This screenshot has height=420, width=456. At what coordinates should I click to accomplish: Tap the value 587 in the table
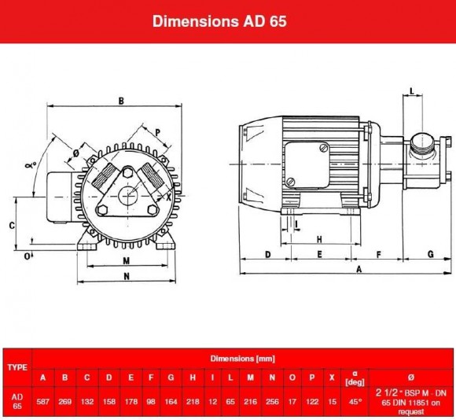pyautogui.click(x=45, y=400)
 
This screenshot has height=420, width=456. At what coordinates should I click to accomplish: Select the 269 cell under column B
pyautogui.click(x=66, y=400)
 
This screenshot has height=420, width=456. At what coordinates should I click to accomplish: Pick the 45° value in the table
pyautogui.click(x=355, y=400)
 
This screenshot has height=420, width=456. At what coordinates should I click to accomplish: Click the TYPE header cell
pyautogui.click(x=17, y=367)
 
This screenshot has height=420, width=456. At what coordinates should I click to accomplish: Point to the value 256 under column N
pyautogui.click(x=271, y=400)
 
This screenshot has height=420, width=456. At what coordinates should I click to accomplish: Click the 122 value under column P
pyautogui.click(x=312, y=400)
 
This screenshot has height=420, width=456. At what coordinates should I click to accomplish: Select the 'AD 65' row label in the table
pyautogui.click(x=17, y=400)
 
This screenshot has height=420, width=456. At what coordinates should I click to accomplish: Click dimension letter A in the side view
pyautogui.click(x=359, y=270)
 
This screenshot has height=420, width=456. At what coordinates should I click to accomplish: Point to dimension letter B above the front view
pyautogui.click(x=122, y=100)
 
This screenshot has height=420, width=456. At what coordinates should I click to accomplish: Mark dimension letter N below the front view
pyautogui.click(x=127, y=276)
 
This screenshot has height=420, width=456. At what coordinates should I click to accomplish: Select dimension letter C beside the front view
pyautogui.click(x=12, y=225)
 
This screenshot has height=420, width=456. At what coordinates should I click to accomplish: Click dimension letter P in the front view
pyautogui.click(x=157, y=132)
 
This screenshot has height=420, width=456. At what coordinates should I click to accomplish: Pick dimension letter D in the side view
pyautogui.click(x=267, y=254)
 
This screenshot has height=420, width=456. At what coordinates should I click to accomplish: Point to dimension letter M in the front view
pyautogui.click(x=126, y=260)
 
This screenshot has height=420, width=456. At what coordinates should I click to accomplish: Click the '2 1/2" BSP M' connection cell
pyautogui.click(x=410, y=400)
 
